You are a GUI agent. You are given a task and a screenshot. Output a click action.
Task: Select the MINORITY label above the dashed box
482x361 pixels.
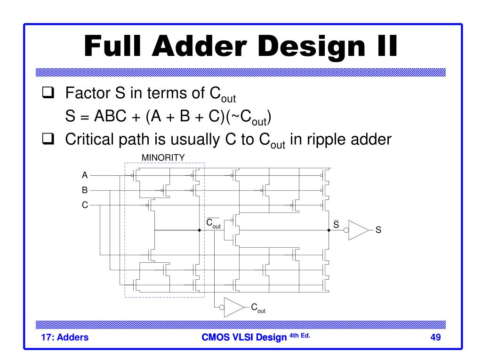(163, 157)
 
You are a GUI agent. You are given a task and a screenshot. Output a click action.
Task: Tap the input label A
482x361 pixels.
(85, 175)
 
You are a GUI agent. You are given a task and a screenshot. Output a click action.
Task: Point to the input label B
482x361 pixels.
(85, 190)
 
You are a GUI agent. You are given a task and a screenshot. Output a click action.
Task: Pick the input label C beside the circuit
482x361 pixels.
(85, 205)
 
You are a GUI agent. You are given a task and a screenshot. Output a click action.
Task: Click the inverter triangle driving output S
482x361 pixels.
(358, 230)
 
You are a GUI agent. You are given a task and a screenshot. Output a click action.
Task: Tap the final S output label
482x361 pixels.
(378, 231)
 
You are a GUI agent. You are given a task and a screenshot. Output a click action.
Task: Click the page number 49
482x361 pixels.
(435, 337)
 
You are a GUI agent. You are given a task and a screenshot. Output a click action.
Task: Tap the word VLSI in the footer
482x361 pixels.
(244, 337)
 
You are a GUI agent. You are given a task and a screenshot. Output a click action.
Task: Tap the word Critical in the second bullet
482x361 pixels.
(90, 140)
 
